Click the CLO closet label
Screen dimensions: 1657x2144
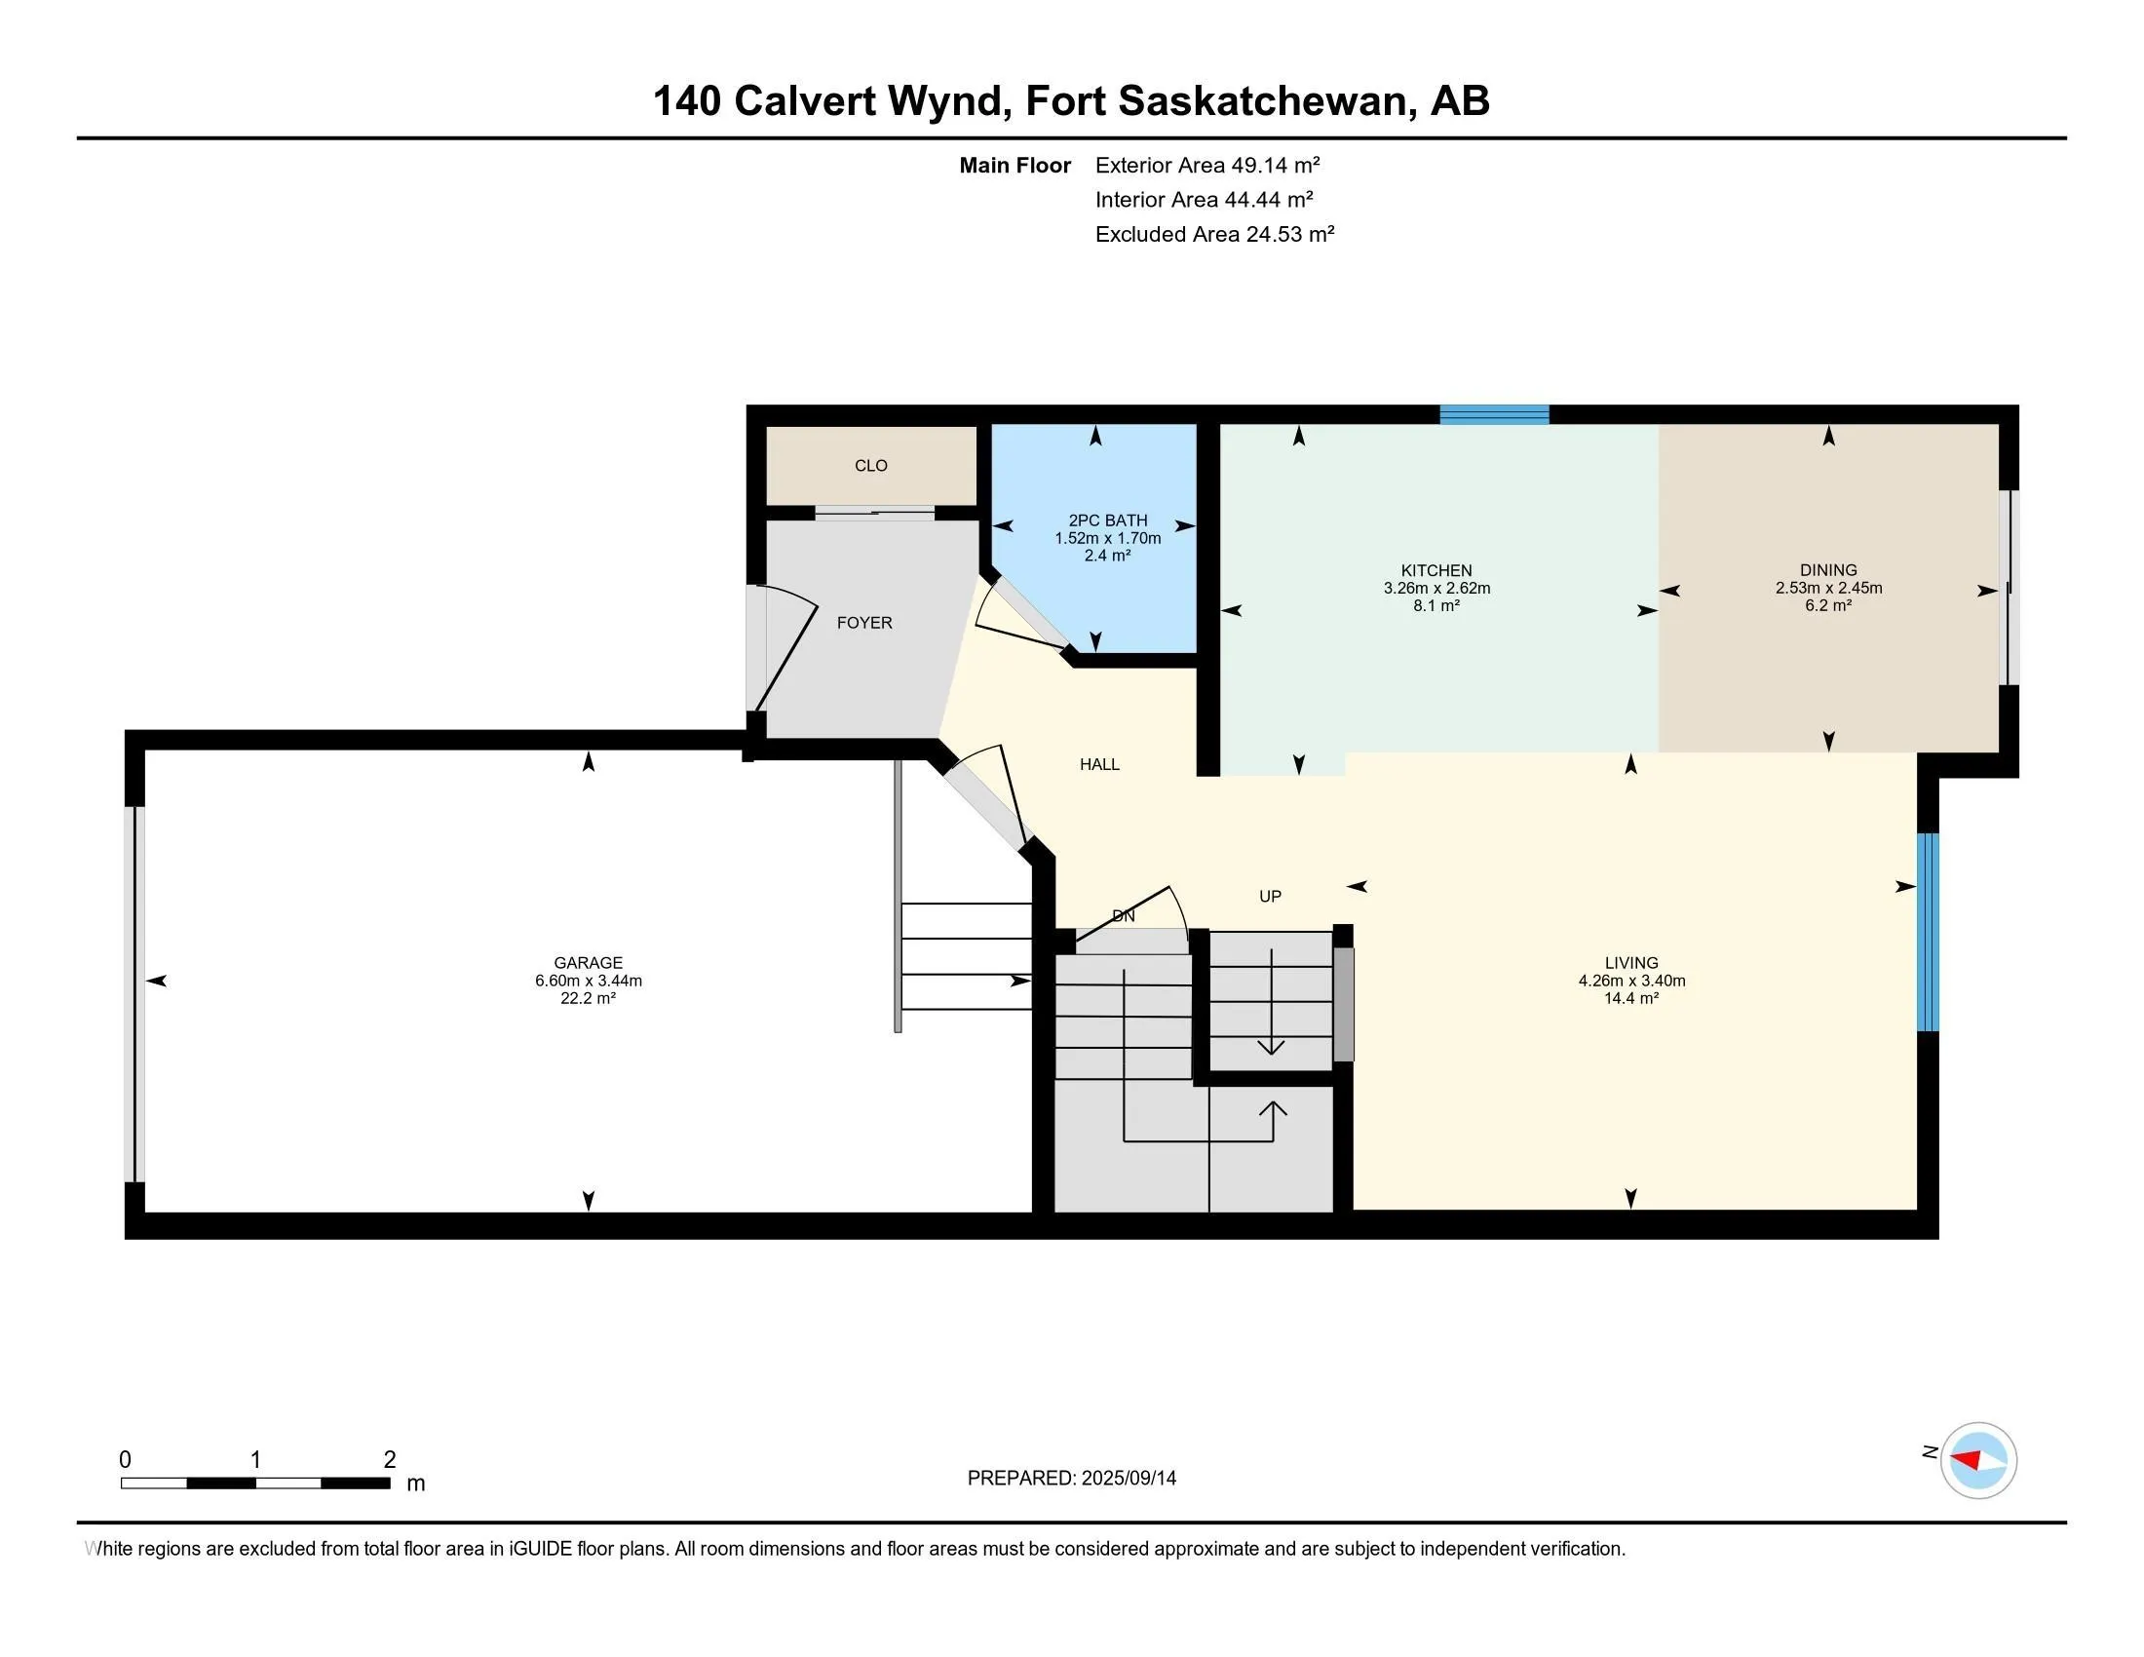[x=870, y=466]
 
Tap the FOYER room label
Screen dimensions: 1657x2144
[x=863, y=623]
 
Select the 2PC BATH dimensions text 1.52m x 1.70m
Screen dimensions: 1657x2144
[x=1107, y=538]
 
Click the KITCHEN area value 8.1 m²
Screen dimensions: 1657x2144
[x=1436, y=606]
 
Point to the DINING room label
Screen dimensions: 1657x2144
[x=1828, y=570]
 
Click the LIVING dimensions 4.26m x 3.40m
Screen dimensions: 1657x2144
[x=1631, y=981]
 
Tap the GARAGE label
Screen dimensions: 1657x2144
[x=588, y=963]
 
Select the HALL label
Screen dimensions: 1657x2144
[x=1099, y=765]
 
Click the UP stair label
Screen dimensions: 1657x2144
[x=1270, y=896]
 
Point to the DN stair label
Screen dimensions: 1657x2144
[x=1123, y=916]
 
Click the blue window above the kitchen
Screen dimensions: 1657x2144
[x=1494, y=414]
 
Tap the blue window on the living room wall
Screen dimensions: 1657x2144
[x=1928, y=932]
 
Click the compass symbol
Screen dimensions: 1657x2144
[x=1978, y=1461]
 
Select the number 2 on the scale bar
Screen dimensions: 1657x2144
[x=390, y=1460]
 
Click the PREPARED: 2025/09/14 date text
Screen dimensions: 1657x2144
[x=1071, y=1479]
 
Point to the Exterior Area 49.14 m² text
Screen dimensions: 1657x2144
[x=1206, y=165]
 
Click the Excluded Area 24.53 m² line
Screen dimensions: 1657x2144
[x=1214, y=235]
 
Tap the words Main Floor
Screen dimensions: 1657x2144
[x=1015, y=166]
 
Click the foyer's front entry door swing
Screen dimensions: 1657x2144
[x=785, y=648]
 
